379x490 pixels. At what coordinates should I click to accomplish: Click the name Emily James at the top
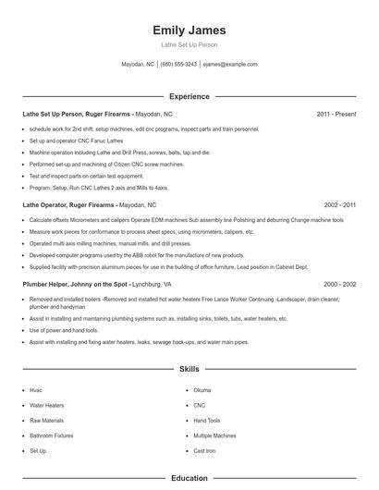[x=189, y=31]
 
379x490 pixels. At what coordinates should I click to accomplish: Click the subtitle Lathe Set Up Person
[x=189, y=45]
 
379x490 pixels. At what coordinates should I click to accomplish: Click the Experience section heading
[x=189, y=96]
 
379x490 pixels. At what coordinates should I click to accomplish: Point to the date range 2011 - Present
[x=336, y=114]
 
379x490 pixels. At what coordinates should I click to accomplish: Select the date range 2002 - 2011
[x=339, y=203]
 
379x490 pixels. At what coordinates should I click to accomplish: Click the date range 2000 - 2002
[x=339, y=284]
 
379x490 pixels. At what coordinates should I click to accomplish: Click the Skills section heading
[x=189, y=369]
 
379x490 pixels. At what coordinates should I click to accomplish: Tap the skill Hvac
[x=36, y=390]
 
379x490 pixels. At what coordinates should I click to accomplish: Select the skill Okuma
[x=202, y=390]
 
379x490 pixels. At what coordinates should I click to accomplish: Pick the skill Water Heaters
[x=46, y=405]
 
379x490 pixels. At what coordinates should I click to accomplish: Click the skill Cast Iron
[x=203, y=450]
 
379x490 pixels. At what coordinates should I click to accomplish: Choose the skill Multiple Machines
[x=215, y=435]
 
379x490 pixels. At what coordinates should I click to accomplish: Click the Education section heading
[x=189, y=479]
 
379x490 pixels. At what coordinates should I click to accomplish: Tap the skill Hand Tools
[x=208, y=420]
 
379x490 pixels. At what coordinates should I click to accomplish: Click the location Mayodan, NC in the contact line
[x=138, y=65]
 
